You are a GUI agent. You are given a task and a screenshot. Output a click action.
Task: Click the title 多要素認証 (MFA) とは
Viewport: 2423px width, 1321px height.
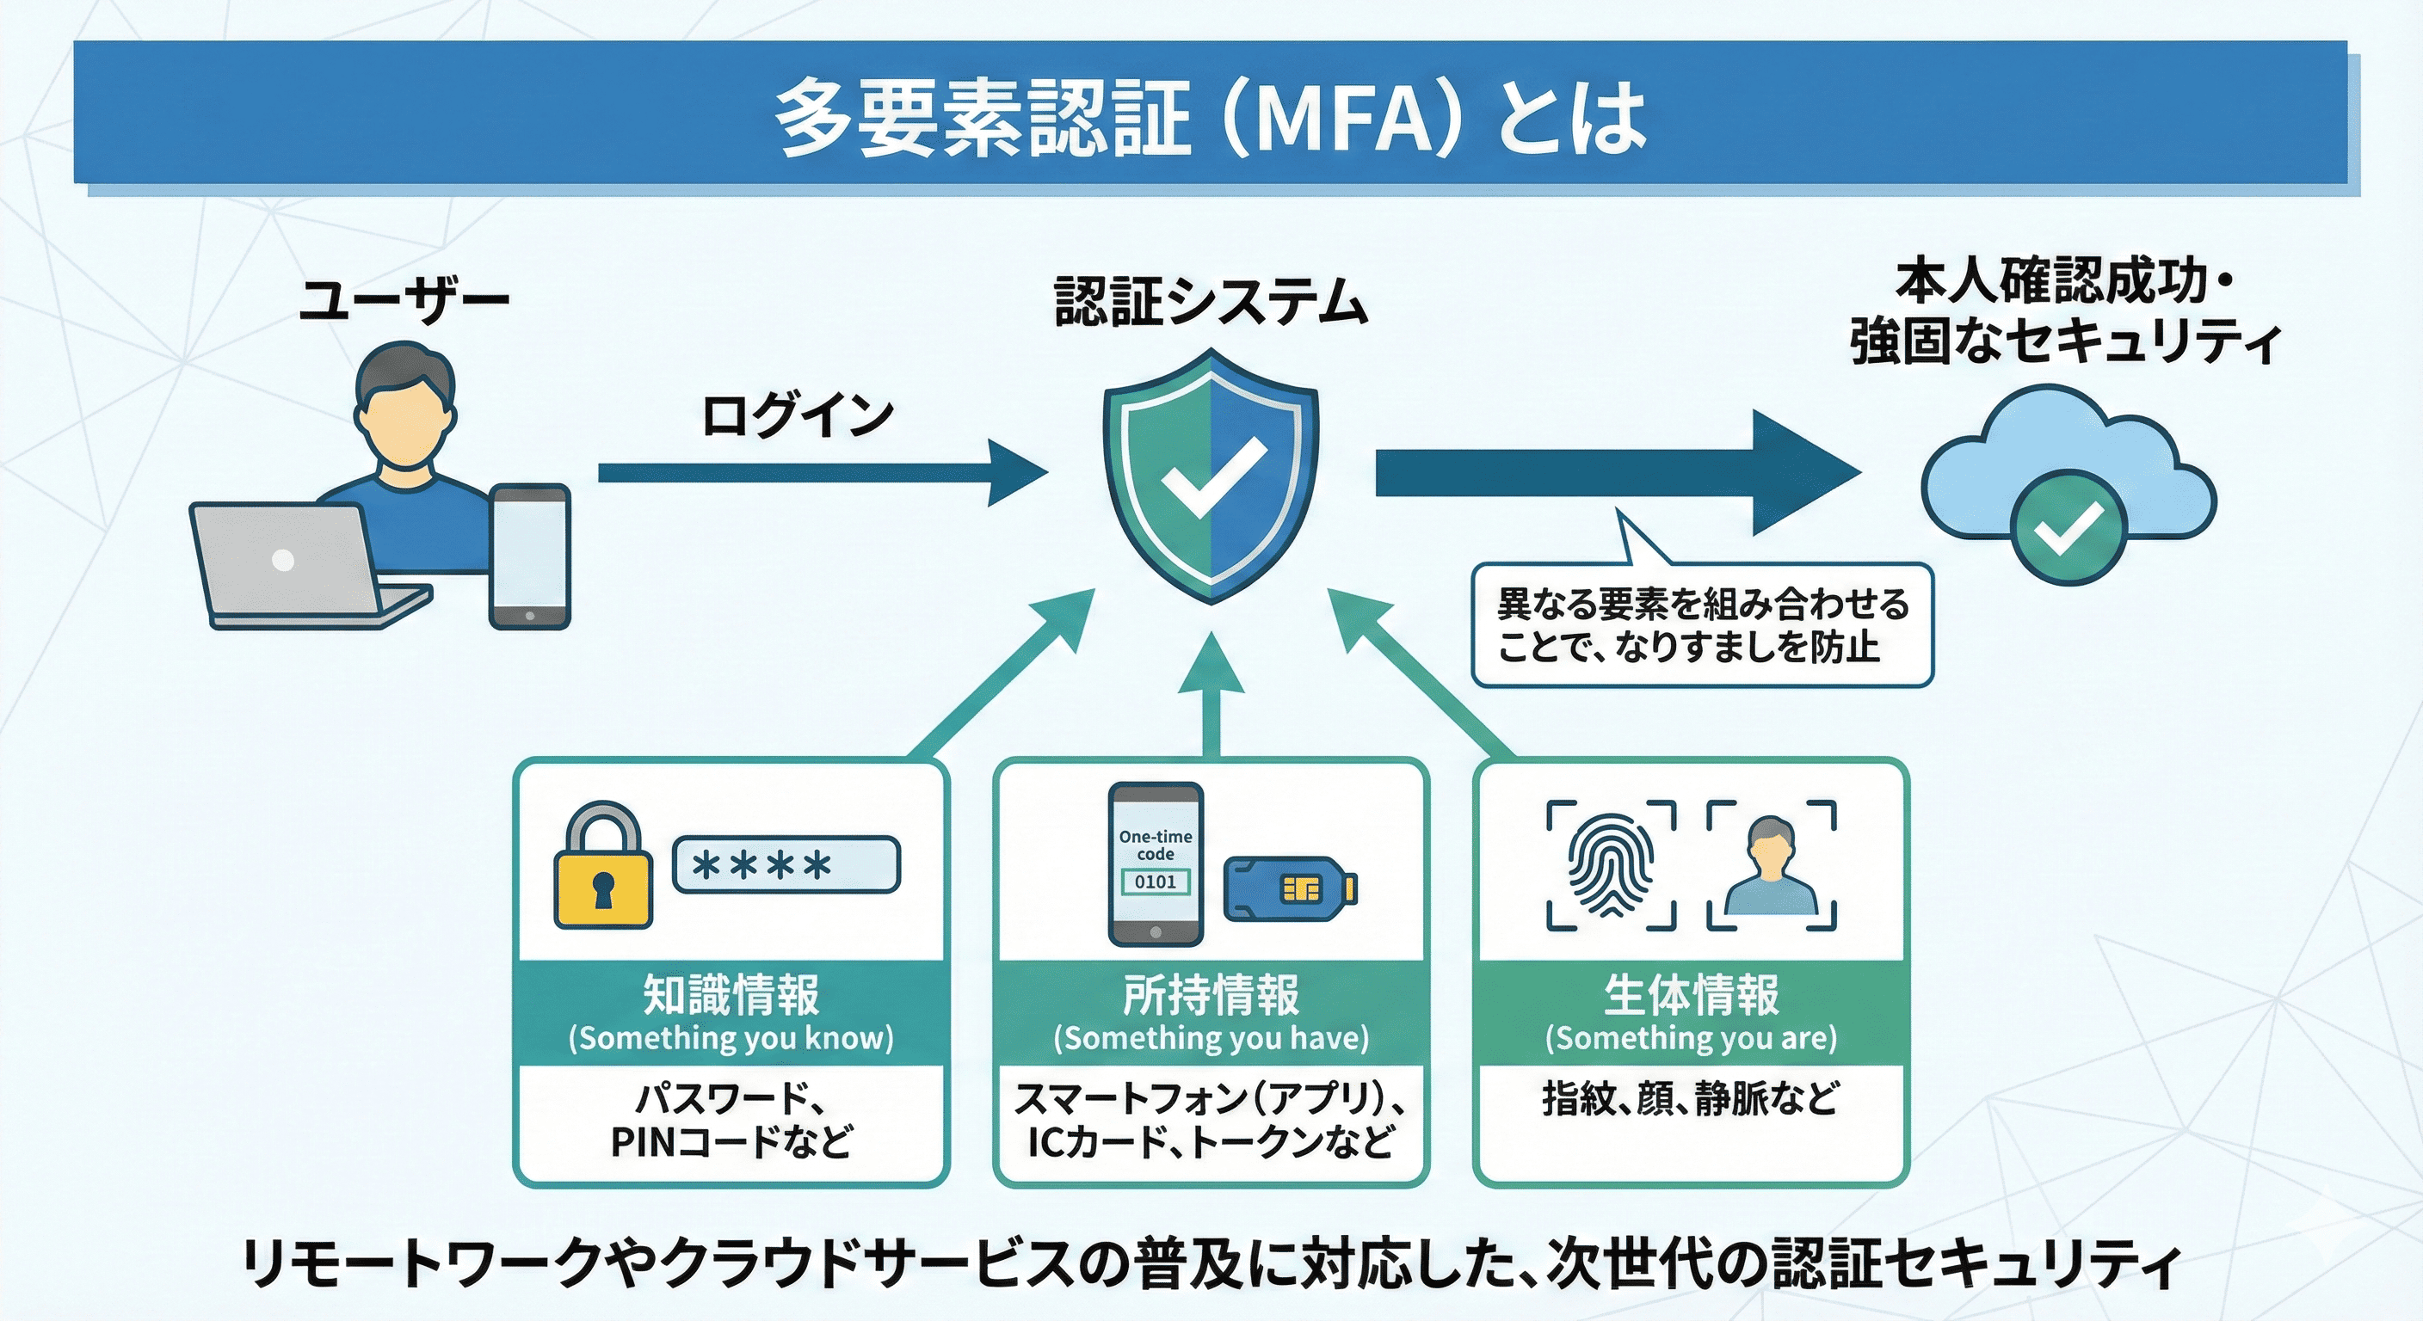pos(1210,118)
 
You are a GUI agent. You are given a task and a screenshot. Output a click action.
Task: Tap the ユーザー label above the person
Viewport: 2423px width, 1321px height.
pos(404,301)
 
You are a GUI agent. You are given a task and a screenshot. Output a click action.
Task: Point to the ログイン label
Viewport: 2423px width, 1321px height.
pos(798,415)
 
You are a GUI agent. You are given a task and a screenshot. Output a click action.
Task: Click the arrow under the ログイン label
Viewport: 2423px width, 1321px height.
pos(818,472)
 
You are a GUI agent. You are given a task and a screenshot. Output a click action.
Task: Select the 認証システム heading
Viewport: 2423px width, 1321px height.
pos(1211,302)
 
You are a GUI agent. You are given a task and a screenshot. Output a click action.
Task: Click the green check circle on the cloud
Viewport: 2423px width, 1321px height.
pos(2068,527)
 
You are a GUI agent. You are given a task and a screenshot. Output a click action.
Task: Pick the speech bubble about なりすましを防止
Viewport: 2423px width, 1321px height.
pos(1702,624)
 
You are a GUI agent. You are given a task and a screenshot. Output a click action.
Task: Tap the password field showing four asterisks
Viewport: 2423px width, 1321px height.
pos(786,864)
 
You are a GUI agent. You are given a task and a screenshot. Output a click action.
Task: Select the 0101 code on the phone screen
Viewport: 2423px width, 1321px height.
pos(1155,881)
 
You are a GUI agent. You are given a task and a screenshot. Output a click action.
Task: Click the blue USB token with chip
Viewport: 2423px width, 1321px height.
pos(1290,888)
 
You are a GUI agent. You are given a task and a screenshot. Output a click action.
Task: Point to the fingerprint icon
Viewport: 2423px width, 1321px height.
pos(1611,865)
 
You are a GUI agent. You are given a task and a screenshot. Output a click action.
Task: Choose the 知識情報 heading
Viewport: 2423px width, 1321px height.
pos(731,995)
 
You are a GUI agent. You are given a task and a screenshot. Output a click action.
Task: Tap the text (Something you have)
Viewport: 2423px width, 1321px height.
pos(1211,1038)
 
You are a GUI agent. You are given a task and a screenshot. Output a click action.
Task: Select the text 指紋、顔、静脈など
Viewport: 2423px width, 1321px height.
pos(1690,1098)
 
